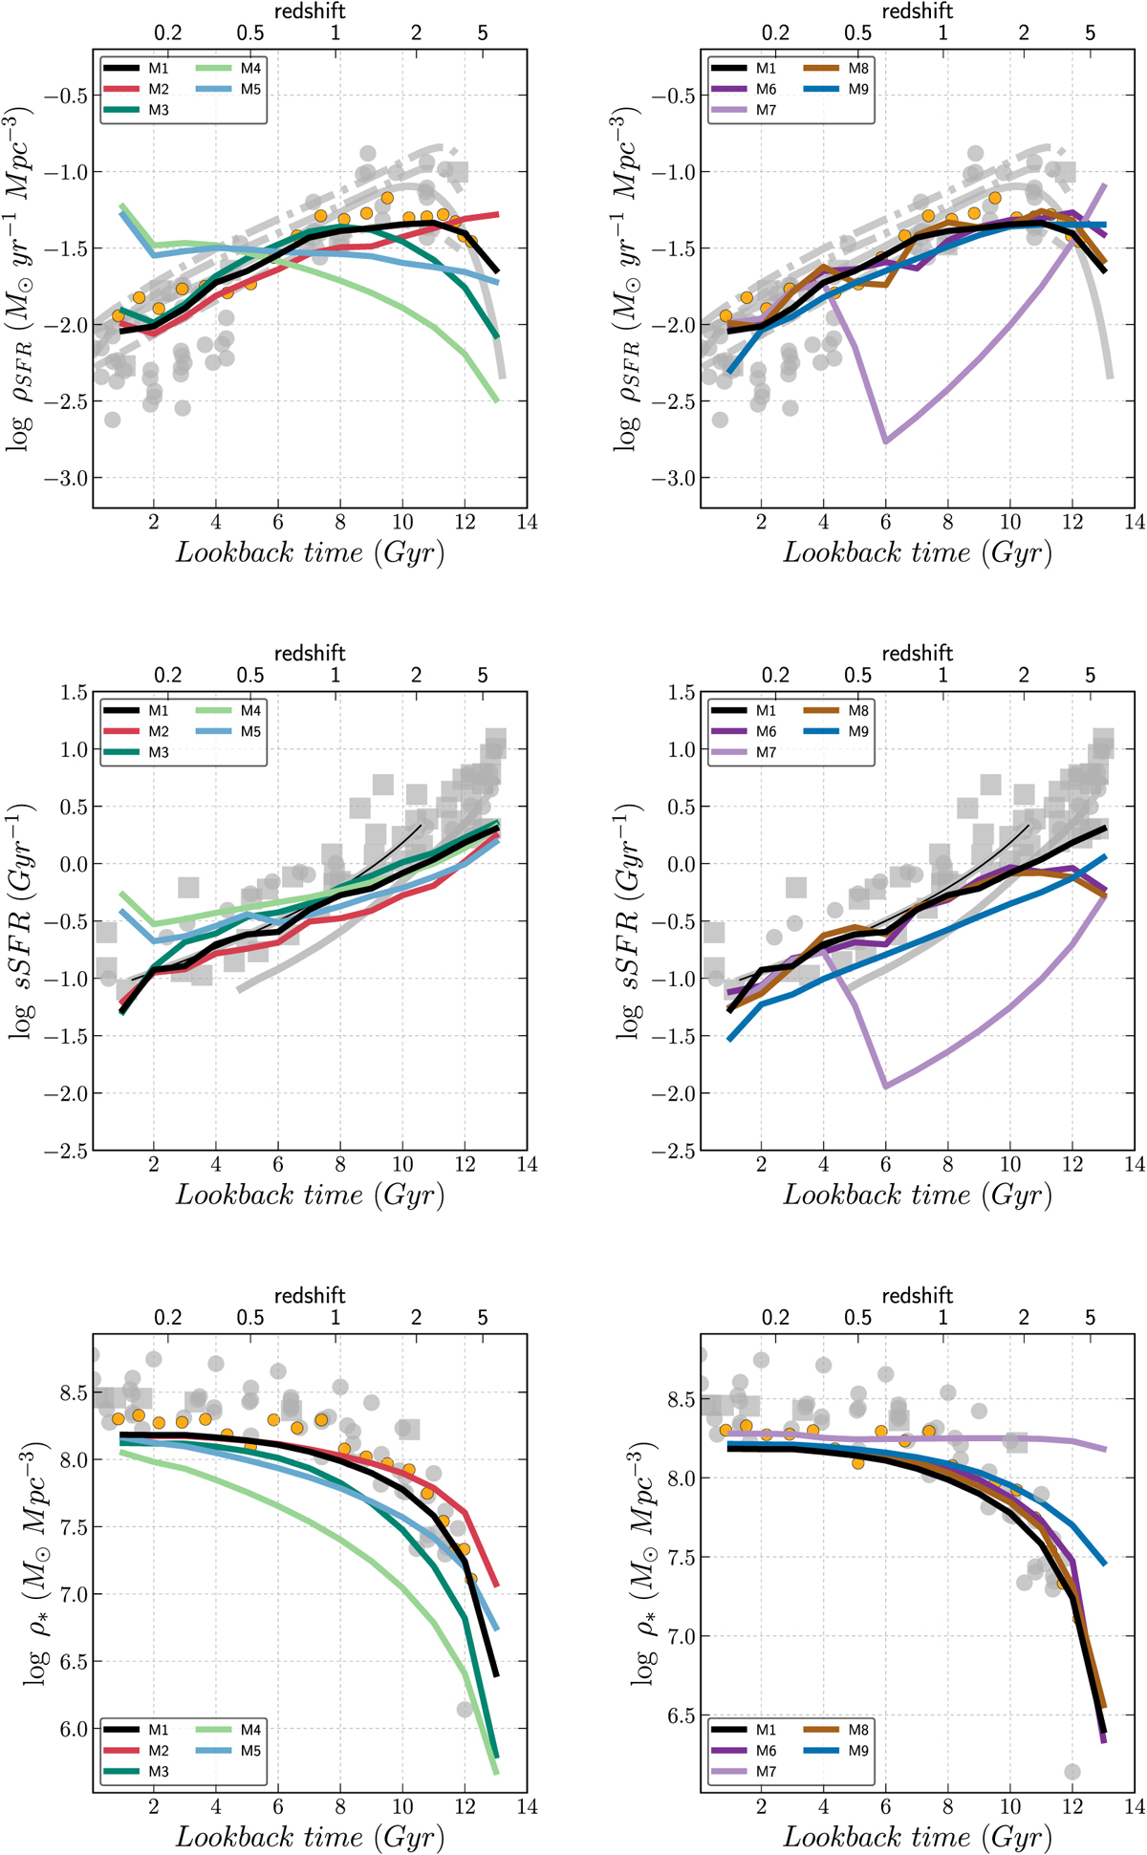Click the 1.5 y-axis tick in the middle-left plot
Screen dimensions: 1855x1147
click(73, 692)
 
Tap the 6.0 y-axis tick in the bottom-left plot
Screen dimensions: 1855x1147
click(73, 1729)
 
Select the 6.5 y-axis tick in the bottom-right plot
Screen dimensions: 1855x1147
click(681, 1715)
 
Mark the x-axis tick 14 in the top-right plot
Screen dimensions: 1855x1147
click(1134, 523)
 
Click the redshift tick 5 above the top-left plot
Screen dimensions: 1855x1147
click(483, 33)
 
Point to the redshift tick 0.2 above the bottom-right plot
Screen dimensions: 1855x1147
click(775, 1318)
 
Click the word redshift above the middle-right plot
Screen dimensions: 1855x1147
click(918, 654)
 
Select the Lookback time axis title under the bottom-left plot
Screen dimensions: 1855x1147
click(310, 1837)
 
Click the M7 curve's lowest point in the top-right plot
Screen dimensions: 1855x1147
click(886, 442)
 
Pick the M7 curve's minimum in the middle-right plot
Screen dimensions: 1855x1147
click(886, 1087)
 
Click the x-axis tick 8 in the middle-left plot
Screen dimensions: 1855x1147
click(340, 1165)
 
